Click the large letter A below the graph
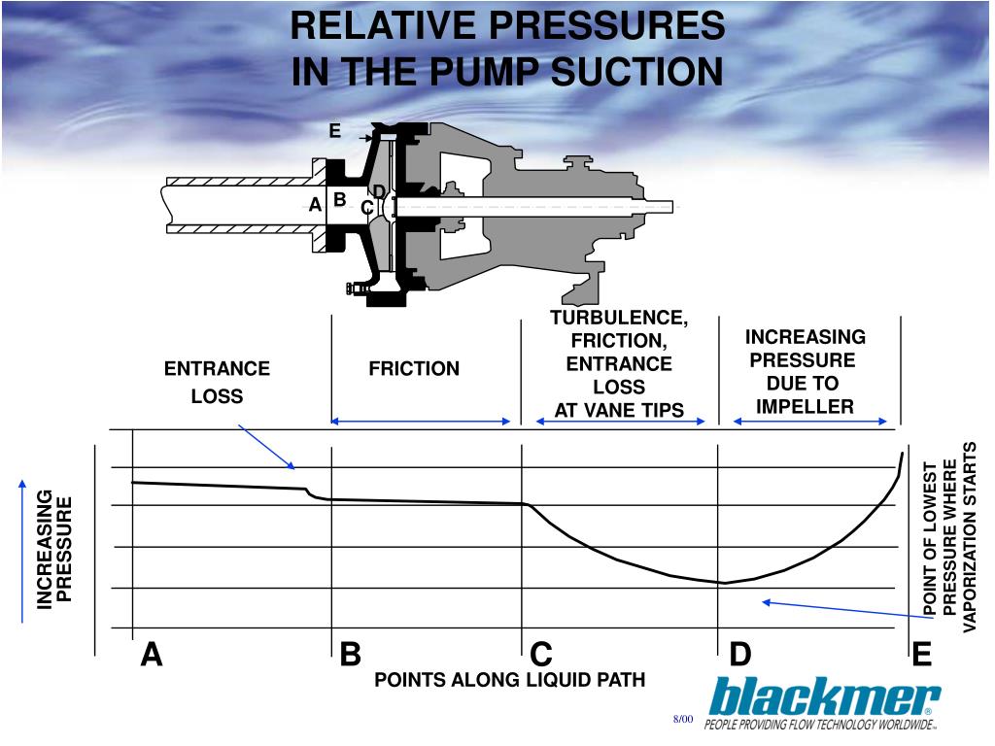152,656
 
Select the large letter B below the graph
351,656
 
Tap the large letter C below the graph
541,656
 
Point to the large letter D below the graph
740,656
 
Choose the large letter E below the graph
921,656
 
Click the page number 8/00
682,719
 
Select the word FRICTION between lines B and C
414,369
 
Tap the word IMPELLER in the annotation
805,406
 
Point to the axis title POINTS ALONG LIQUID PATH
510,680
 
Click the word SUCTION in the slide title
636,72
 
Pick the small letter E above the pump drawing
334,131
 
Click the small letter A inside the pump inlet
315,205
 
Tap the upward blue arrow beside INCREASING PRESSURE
21,549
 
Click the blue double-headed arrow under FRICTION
421,422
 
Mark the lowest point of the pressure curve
723,583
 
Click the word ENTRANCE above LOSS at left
217,369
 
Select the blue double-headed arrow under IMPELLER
810,422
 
